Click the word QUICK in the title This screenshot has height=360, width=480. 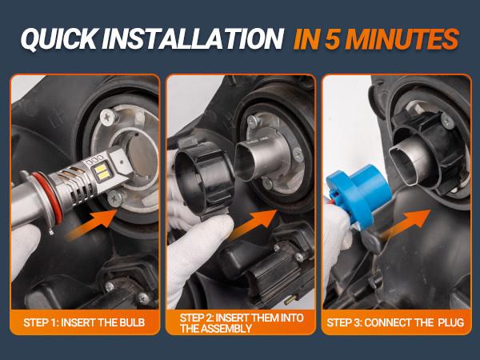coord(58,39)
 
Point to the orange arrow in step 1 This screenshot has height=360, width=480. coord(92,224)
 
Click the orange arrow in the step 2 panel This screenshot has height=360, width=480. coord(253,224)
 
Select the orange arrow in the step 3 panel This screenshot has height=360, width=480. coord(406,224)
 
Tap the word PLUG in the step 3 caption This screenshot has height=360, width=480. coord(450,322)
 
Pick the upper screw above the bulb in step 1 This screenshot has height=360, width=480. coord(108,116)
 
